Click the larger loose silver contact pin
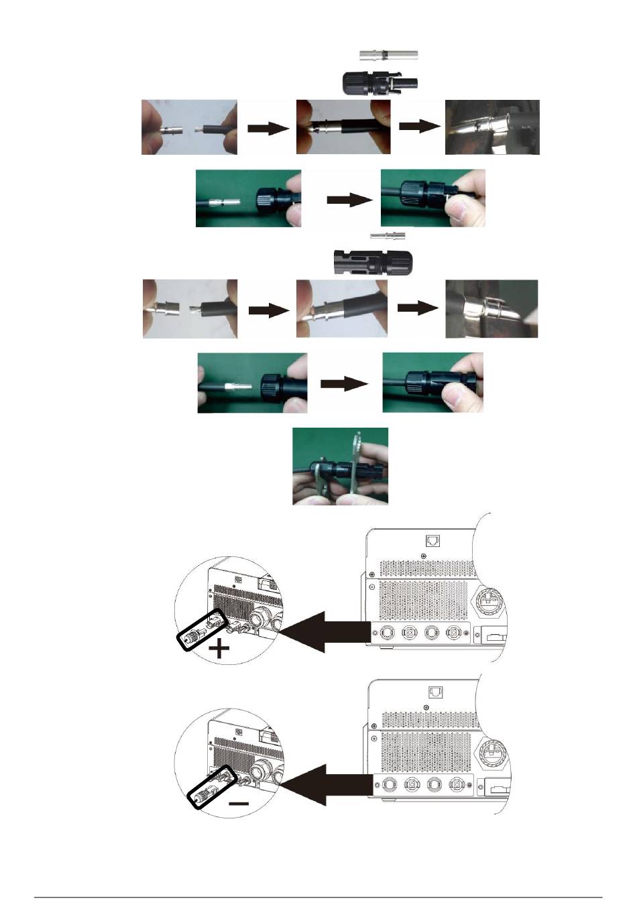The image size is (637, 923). tap(388, 56)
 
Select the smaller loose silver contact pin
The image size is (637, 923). tap(388, 236)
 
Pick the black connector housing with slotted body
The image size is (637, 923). tap(373, 261)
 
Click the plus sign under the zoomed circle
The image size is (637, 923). tap(219, 648)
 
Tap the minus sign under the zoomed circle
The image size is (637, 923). tap(238, 803)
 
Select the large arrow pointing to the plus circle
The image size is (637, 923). tap(326, 631)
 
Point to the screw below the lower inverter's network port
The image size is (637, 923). tap(428, 706)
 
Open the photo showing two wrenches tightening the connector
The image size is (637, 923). tap(340, 467)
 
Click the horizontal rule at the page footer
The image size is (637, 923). tap(318, 897)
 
